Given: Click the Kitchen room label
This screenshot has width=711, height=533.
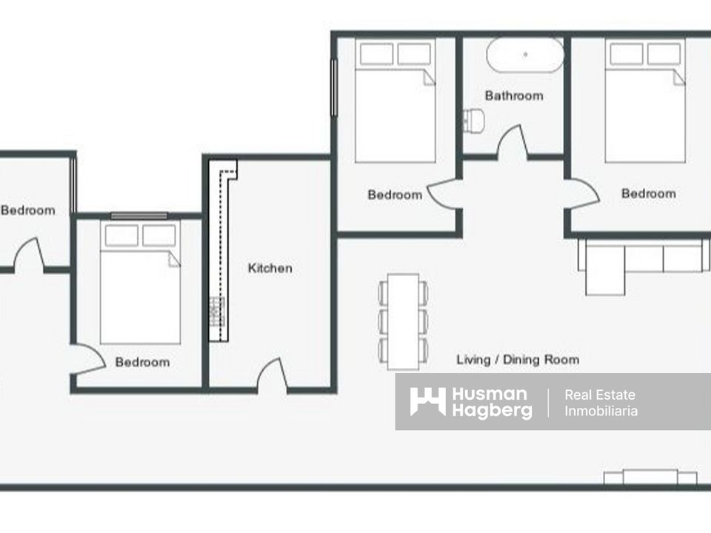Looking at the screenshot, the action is pos(270,268).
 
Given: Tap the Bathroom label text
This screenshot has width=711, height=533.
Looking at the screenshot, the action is pos(514,95).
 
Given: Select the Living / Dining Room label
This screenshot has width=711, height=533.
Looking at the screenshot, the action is pos(518,360).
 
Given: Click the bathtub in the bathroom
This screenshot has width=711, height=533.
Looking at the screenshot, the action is pos(525,55).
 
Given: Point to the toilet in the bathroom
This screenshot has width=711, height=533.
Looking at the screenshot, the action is pos(474,120).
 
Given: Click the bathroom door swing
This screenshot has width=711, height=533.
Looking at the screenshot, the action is pos(513,141).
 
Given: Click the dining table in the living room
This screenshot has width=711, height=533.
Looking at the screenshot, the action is pos(403,321).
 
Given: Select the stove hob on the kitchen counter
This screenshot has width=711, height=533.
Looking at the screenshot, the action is pos(217,311).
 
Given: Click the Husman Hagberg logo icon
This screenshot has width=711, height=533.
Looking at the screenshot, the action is pos(427,402).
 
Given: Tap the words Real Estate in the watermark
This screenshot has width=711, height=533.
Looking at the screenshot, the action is pos(599,395).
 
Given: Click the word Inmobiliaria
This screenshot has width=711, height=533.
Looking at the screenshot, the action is pos(601,411).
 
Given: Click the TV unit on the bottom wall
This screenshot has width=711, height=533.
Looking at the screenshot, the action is pos(650,477).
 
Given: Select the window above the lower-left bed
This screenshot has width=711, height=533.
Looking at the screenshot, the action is pos(139,215).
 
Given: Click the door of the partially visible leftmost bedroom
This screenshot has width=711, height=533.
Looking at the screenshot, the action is pos(29,254).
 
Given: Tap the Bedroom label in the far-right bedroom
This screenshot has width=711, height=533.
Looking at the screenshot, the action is pos(649,194).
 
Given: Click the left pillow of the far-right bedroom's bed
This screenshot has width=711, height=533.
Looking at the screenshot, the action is pos(627,54).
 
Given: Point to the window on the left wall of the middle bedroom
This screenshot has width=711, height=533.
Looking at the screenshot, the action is pos(334,87).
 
